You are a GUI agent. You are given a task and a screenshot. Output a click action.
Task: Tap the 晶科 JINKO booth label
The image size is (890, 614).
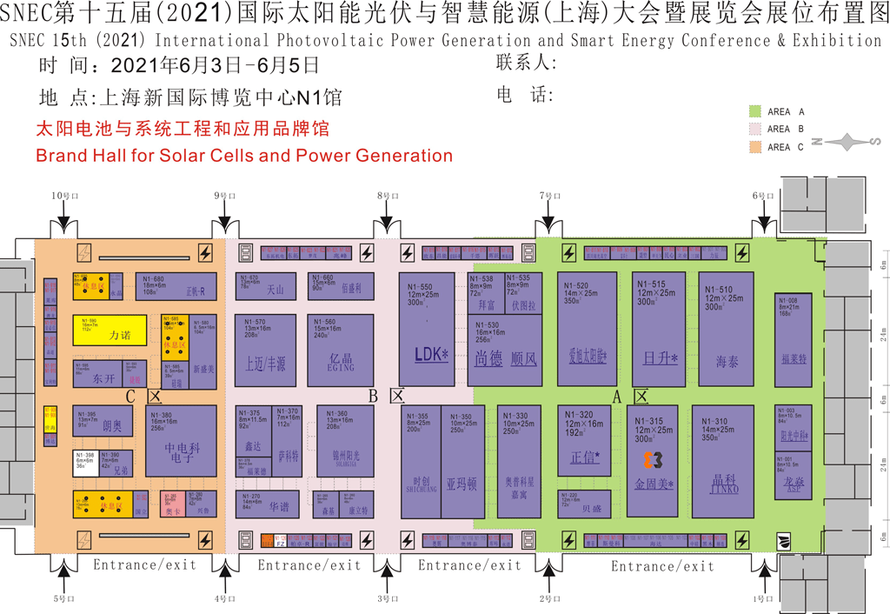725,484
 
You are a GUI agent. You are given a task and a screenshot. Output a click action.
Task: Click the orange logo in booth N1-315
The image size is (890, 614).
653,459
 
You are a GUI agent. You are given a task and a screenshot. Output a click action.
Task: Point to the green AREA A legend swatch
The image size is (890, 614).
755,111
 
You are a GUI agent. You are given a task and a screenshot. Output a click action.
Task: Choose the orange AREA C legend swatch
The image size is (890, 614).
755,147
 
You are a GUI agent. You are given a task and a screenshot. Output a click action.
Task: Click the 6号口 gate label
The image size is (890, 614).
763,197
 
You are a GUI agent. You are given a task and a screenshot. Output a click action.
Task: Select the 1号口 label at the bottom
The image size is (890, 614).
763,599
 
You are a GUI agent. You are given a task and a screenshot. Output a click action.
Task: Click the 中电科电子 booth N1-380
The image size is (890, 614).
180,440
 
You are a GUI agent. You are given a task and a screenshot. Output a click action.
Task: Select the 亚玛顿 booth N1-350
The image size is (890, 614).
462,461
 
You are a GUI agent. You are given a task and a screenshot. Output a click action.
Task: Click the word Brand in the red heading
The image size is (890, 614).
63,156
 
